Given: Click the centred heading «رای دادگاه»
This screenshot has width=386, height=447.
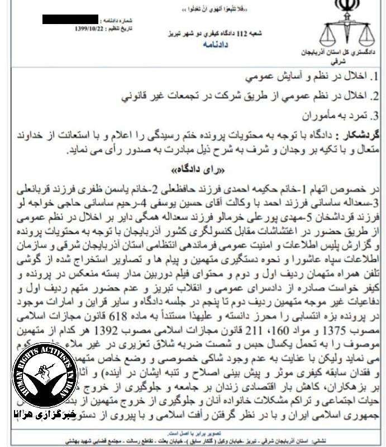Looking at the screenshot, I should click(x=193, y=168).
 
